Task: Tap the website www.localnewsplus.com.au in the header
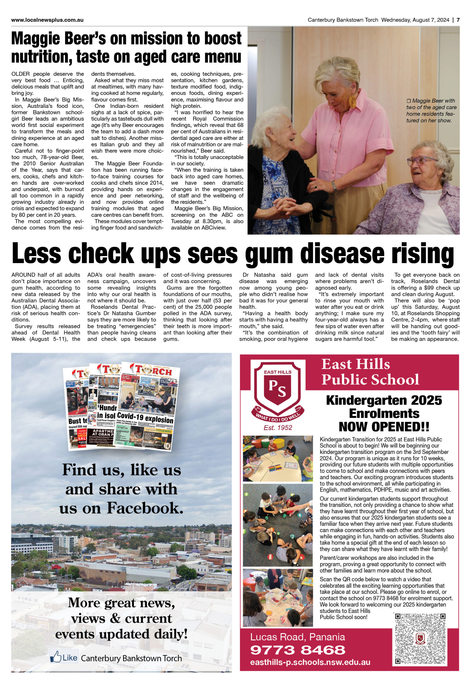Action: (47, 20)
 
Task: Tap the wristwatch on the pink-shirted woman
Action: (334, 186)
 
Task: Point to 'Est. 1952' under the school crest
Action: (278, 427)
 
